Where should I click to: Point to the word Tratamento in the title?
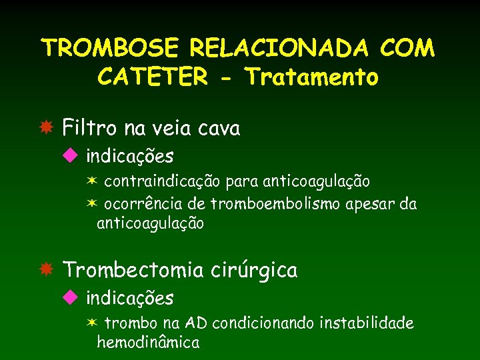click(x=312, y=77)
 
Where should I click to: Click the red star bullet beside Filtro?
click(x=46, y=127)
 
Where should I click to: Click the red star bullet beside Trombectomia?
click(x=46, y=270)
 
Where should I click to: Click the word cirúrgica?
click(x=255, y=270)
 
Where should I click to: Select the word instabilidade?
click(x=367, y=323)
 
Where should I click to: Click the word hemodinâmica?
click(x=148, y=343)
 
